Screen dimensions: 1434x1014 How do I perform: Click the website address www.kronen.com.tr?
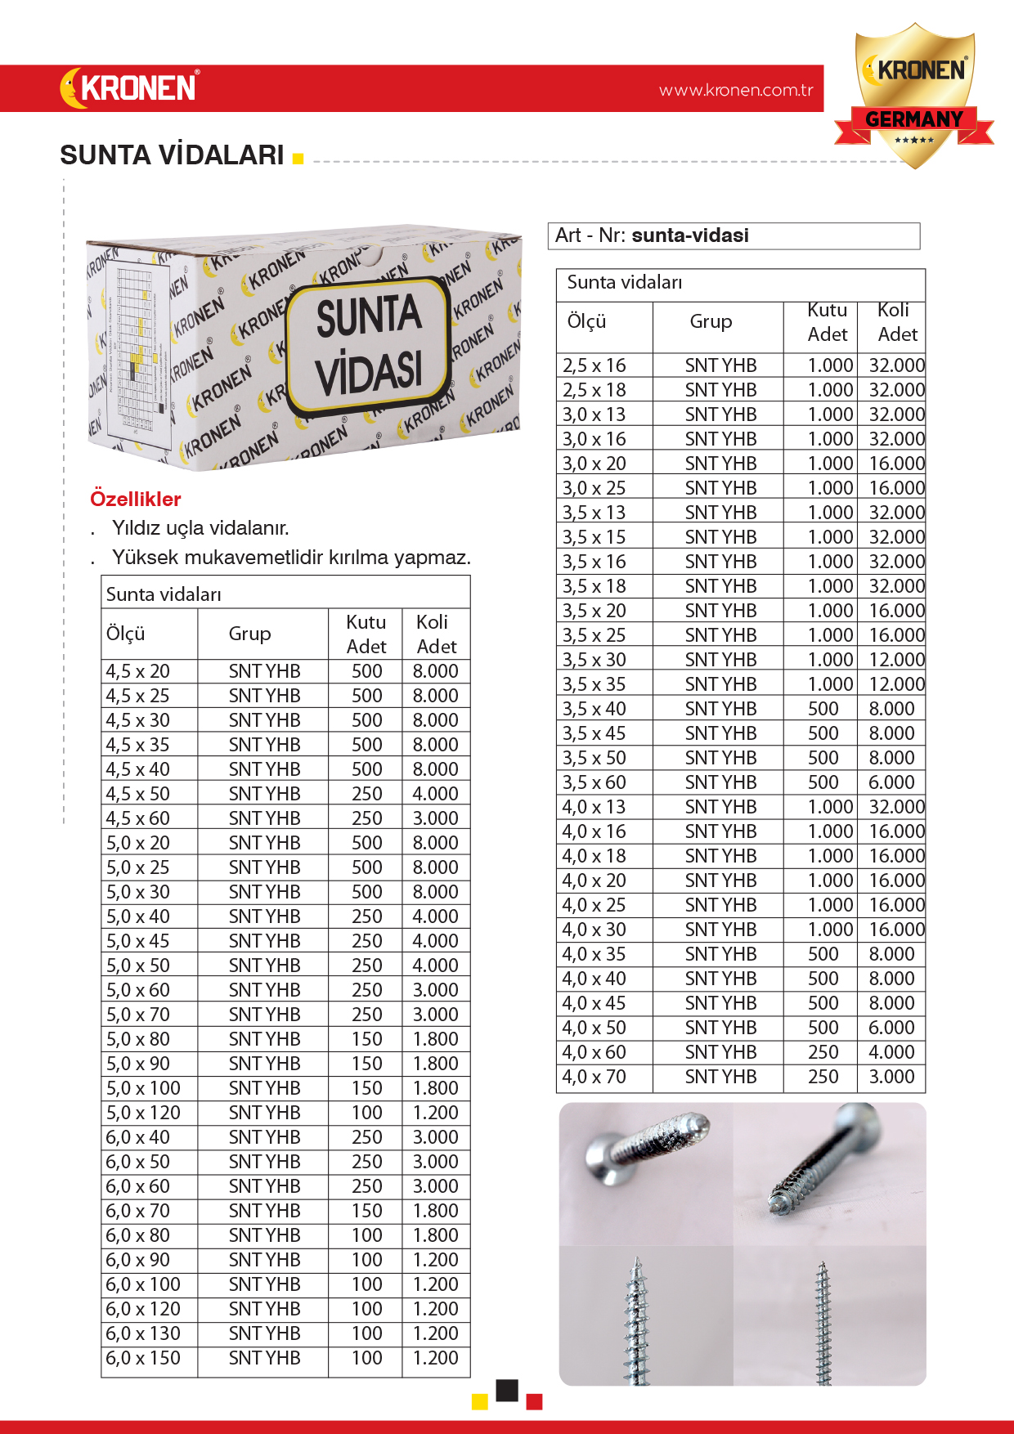(736, 90)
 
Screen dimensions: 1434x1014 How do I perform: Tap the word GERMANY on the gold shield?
(914, 119)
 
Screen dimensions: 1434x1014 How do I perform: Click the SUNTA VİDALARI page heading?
(172, 155)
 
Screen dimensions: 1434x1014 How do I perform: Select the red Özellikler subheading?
(136, 499)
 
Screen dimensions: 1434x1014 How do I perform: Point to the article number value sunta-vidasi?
(690, 235)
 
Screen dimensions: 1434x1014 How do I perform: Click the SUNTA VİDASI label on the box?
(369, 343)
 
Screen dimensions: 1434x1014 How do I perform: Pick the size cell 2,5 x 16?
(594, 365)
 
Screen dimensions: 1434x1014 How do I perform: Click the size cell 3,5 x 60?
(594, 782)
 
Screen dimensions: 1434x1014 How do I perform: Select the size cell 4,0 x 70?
(594, 1077)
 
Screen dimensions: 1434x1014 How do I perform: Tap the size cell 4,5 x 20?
(138, 671)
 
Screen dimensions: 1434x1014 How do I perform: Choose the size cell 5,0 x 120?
(143, 1113)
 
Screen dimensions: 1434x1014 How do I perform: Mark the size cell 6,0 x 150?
(143, 1358)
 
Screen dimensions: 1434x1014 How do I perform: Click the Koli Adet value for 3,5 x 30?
(896, 660)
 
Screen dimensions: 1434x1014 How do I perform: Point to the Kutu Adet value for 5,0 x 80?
(367, 1039)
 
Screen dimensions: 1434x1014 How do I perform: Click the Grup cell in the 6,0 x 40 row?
(264, 1137)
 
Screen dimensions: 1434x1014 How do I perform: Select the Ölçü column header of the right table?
(587, 321)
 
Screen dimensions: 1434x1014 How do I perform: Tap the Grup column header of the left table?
(249, 634)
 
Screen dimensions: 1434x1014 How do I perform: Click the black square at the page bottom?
(507, 1390)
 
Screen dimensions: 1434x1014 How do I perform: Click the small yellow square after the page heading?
(298, 159)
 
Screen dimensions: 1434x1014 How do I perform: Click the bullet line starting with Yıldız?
(200, 528)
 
